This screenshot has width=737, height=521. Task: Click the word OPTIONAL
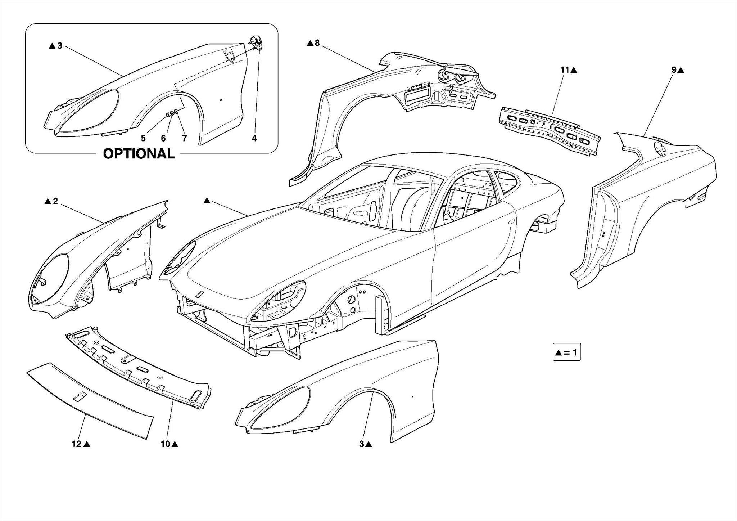click(139, 154)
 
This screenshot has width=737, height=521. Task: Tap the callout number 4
click(254, 138)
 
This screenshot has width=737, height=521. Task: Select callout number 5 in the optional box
click(143, 138)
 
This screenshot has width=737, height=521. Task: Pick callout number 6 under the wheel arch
click(163, 138)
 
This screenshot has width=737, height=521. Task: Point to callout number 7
click(185, 138)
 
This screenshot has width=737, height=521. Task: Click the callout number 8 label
click(317, 43)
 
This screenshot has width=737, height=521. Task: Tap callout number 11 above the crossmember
click(564, 70)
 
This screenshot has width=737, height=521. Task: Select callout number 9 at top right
click(674, 70)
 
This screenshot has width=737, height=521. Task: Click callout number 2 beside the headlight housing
click(55, 201)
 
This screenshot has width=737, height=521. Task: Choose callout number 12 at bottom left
click(77, 444)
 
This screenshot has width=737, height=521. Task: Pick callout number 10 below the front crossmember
click(165, 444)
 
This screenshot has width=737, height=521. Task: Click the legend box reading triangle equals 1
click(567, 352)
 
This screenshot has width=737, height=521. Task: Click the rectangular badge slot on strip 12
click(80, 396)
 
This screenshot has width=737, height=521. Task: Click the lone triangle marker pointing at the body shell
click(207, 201)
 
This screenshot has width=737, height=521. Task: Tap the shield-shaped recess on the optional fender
click(229, 55)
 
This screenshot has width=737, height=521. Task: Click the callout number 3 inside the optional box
click(60, 46)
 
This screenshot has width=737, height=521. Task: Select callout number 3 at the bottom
click(362, 444)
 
